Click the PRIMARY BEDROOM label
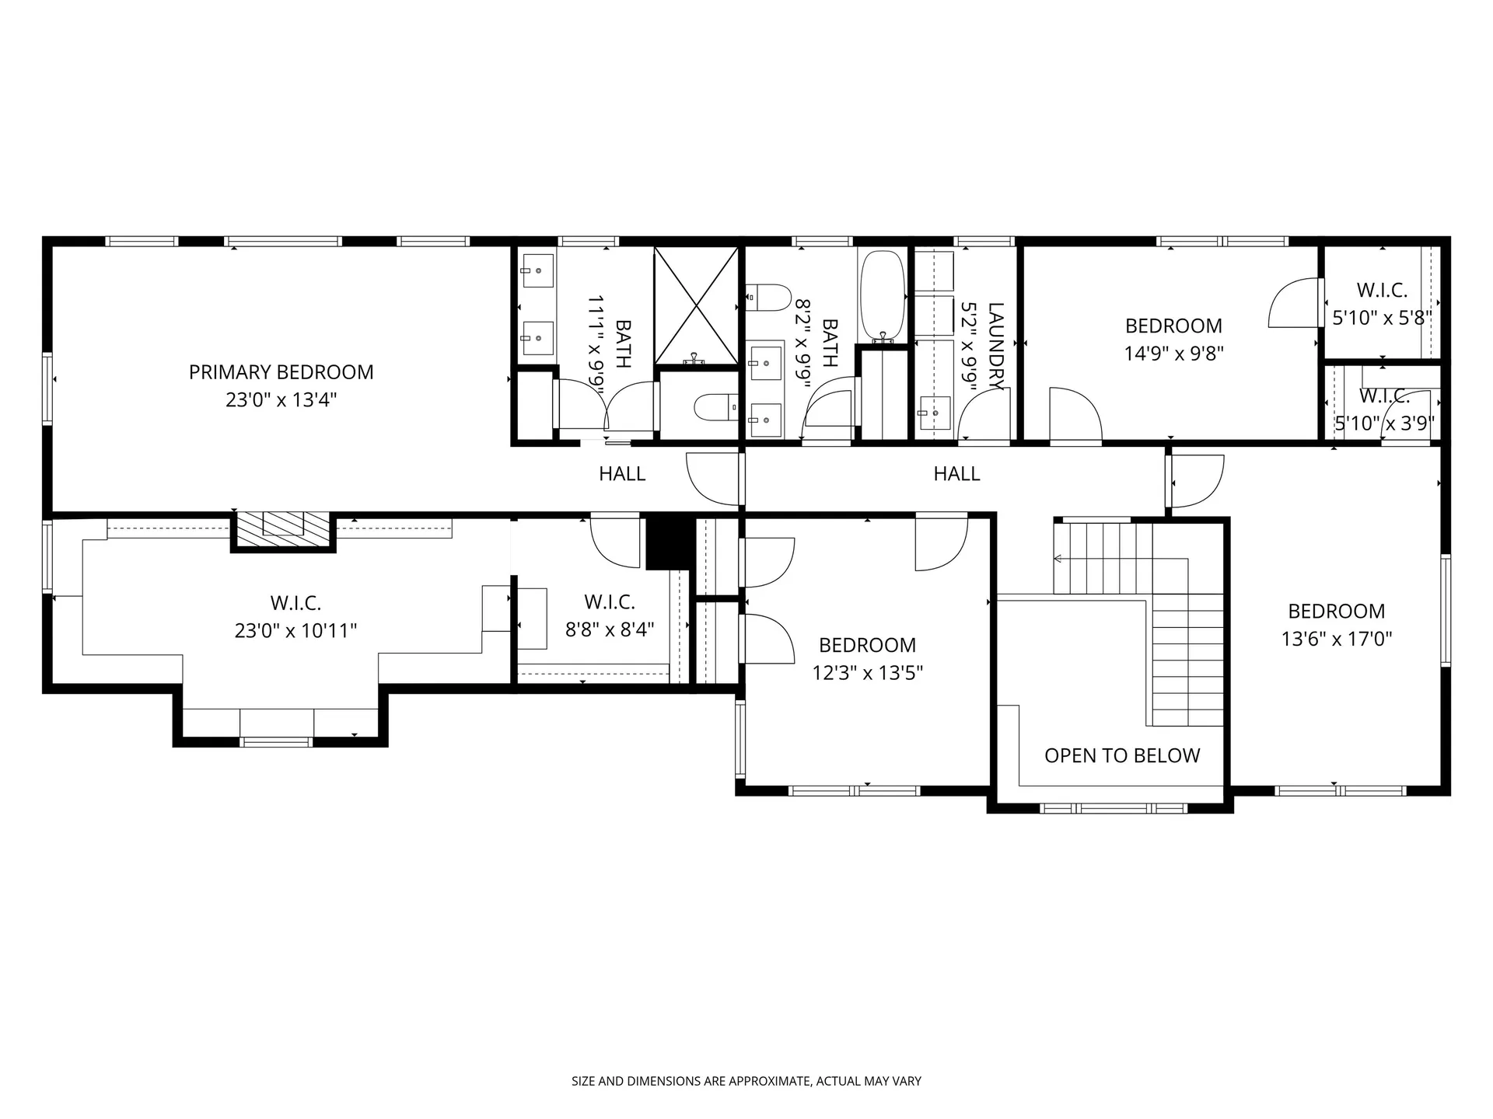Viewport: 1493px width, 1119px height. point(281,372)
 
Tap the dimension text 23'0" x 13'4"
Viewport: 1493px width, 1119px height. point(281,400)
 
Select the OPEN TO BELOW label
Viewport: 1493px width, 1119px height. point(1121,755)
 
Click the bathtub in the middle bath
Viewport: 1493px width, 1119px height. point(883,295)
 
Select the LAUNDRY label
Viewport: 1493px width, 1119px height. point(995,347)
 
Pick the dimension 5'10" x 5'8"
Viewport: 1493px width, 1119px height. point(1382,318)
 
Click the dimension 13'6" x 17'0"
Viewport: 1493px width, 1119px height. point(1336,639)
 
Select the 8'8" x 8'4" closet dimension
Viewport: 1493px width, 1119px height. point(610,629)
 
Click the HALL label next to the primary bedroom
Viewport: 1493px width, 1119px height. point(621,473)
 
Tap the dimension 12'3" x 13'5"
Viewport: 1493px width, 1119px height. point(867,673)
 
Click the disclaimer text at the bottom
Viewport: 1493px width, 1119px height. point(746,1081)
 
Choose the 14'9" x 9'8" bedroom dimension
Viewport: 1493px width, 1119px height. point(1173,354)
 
